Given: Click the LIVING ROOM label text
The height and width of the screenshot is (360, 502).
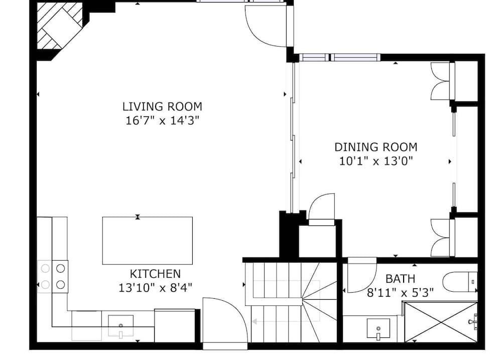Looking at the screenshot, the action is click(x=162, y=106).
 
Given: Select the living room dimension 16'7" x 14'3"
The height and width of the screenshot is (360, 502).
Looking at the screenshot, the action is click(x=162, y=121).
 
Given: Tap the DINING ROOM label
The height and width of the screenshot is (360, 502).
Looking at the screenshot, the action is click(x=376, y=147).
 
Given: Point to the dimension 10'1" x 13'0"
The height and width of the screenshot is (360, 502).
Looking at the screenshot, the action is click(x=376, y=161).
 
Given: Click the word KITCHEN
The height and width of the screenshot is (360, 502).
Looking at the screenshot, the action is click(x=155, y=274).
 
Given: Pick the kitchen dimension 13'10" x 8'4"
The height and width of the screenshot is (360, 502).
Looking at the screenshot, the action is click(x=155, y=288).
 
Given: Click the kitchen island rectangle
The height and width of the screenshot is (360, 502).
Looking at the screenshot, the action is click(x=147, y=241).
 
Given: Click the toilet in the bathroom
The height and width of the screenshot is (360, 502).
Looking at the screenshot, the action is click(x=459, y=282).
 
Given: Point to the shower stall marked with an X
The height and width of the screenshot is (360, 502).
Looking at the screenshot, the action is click(x=441, y=322).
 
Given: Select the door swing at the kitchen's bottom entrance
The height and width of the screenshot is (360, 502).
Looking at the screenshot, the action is click(x=223, y=321).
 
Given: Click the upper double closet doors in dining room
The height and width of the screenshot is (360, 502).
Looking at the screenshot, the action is click(x=442, y=81).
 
